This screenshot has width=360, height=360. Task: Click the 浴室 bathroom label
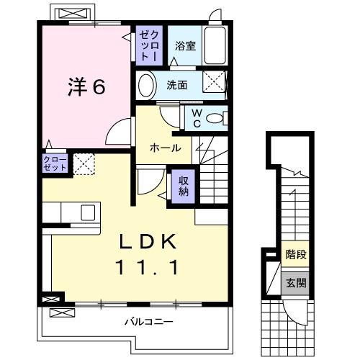click(x=185, y=46)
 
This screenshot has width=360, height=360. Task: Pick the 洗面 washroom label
click(x=177, y=84)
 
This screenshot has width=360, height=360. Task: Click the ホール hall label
click(x=165, y=147)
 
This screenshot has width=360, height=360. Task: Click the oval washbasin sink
click(x=145, y=85)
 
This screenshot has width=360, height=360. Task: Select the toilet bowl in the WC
click(x=214, y=117)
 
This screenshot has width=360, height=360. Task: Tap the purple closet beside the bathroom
click(x=148, y=45)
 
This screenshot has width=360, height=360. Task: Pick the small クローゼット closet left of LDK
click(x=55, y=163)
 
